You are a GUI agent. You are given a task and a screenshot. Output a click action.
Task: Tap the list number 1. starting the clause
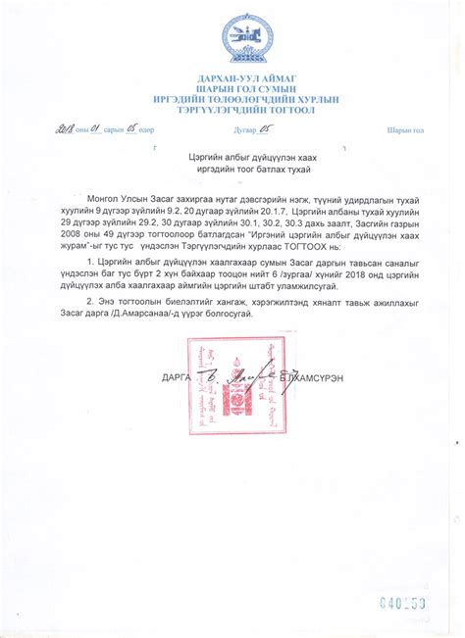coord(91,263)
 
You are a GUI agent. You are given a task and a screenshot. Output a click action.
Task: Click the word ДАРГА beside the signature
coord(176,377)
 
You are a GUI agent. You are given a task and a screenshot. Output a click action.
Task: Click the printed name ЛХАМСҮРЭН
coord(321,377)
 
